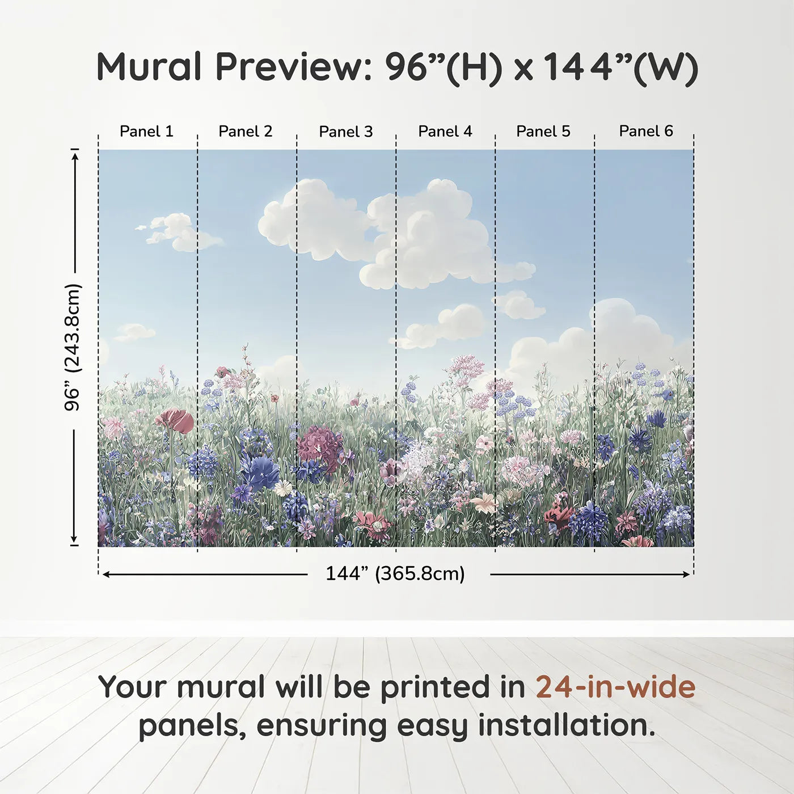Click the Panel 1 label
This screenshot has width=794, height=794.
pos(146,132)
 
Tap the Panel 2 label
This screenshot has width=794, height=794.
pos(245,132)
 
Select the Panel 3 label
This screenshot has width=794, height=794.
pos(346,132)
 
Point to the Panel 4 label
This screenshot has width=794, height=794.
pos(445,132)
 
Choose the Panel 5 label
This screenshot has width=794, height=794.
pos(543,132)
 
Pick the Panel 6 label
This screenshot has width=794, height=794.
pos(645,131)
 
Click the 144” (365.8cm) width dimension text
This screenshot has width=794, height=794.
pos(395,573)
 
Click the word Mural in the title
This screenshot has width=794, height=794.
pos(149,67)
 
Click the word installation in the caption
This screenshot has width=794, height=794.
pos(567,725)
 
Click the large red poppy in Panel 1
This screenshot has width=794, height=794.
pos(175,420)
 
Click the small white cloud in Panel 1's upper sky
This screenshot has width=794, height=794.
pos(179,232)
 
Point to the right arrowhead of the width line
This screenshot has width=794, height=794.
pos(686,575)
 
